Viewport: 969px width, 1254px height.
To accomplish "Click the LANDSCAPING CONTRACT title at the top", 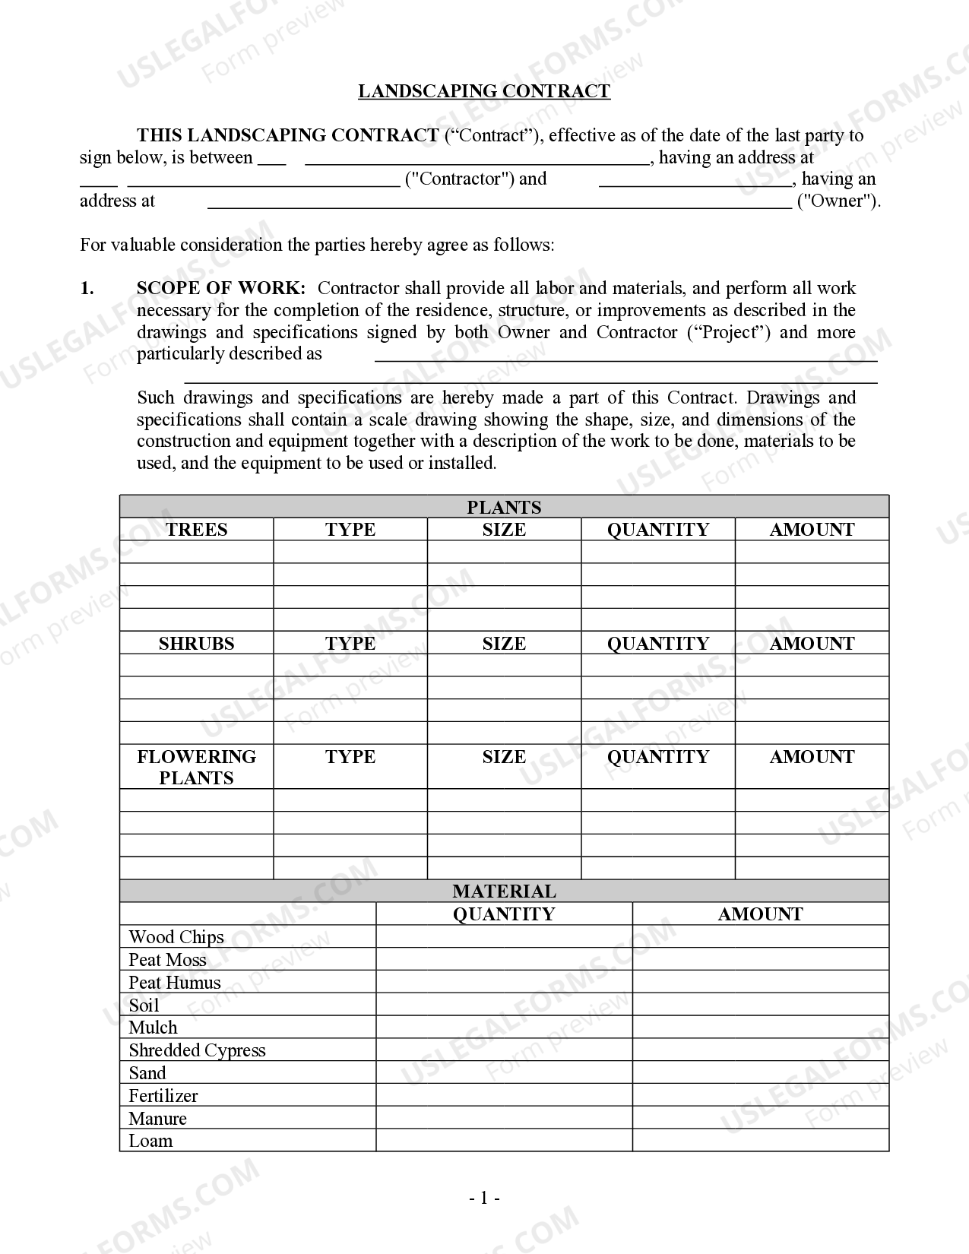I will tap(484, 91).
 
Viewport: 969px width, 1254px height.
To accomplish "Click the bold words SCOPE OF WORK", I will tap(221, 288).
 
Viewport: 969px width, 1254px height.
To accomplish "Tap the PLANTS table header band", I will tap(504, 507).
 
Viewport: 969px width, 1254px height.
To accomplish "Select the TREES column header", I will tap(196, 530).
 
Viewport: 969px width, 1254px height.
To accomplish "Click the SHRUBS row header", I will tap(196, 644).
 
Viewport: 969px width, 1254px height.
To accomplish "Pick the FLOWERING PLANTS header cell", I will tap(196, 767).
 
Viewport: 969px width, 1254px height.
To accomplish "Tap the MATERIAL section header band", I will tap(504, 891).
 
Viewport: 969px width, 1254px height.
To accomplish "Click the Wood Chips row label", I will tap(176, 937).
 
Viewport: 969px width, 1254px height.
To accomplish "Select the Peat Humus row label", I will tap(175, 983).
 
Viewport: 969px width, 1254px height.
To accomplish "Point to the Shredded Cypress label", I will tap(197, 1050).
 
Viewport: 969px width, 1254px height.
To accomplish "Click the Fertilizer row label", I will tap(163, 1096).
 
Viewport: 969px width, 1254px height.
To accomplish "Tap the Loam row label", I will tap(150, 1141).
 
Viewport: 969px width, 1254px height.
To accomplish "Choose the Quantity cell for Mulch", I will tap(504, 1028).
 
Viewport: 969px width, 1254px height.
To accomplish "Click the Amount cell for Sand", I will tap(760, 1073).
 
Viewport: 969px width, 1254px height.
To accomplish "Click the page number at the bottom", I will tap(484, 1199).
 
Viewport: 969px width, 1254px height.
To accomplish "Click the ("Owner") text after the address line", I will tap(838, 201).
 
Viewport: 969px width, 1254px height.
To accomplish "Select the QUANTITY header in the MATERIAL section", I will tap(504, 914).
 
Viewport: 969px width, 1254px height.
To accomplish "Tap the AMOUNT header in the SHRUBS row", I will tap(812, 644).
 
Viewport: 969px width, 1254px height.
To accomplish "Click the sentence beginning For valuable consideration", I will tap(317, 245).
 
